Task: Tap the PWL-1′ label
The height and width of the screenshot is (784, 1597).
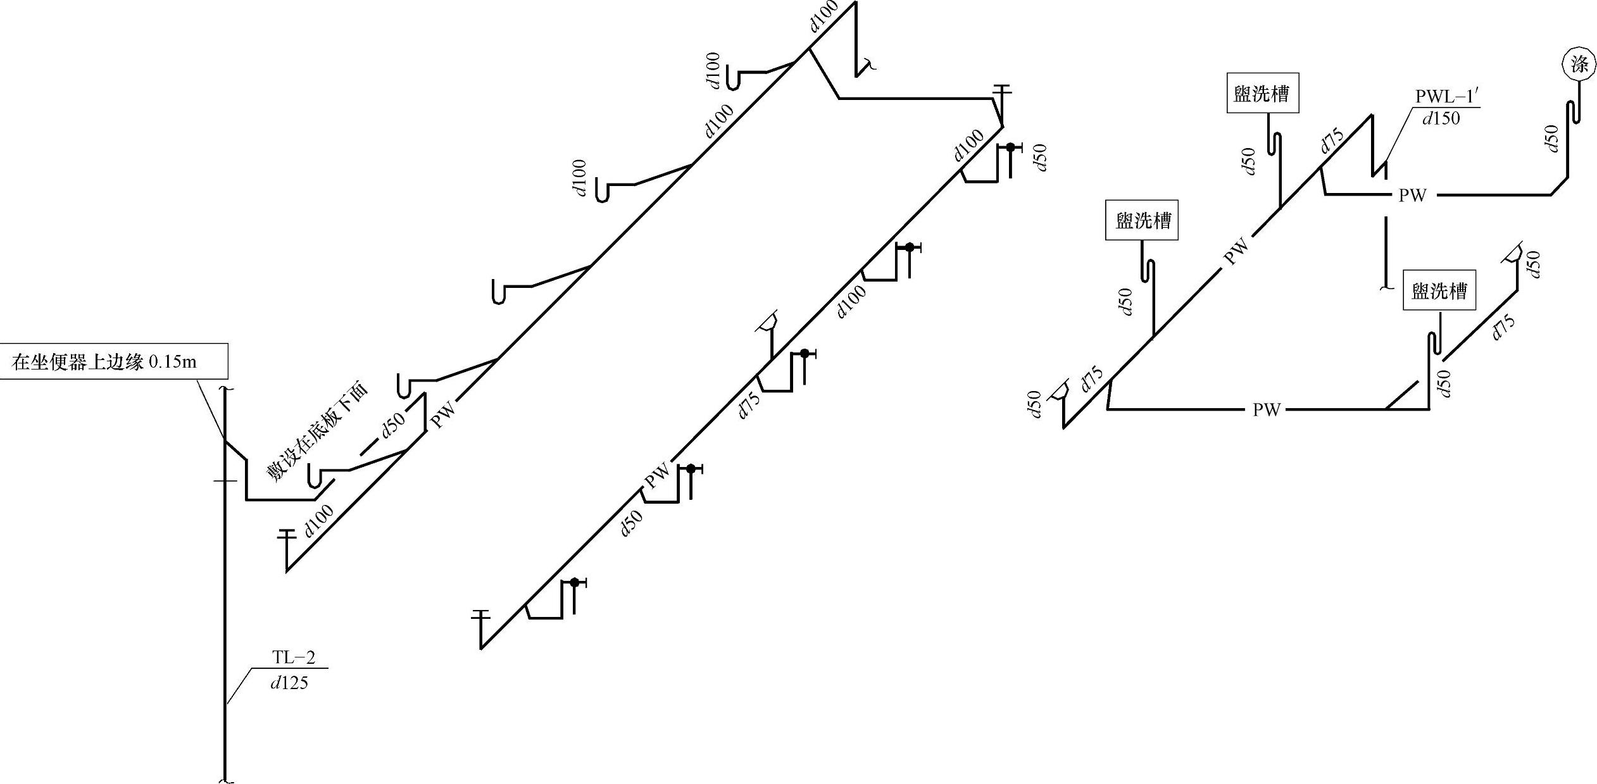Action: [1447, 97]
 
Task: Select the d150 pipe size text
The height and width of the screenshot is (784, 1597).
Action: [1441, 118]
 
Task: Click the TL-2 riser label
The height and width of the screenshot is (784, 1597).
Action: [293, 657]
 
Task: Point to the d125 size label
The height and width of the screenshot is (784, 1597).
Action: [289, 683]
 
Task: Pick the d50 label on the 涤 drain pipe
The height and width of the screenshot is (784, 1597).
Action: [1550, 138]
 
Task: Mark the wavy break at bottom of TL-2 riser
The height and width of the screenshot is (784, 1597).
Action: [226, 780]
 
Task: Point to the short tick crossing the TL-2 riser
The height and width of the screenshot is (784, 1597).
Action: [225, 481]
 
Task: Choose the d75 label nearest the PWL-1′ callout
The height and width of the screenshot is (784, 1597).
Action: [1332, 140]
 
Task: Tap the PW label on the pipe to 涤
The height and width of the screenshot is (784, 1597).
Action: [1412, 195]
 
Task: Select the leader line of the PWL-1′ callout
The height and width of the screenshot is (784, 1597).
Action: [1397, 136]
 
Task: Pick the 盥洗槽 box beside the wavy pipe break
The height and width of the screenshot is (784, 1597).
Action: [1439, 290]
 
